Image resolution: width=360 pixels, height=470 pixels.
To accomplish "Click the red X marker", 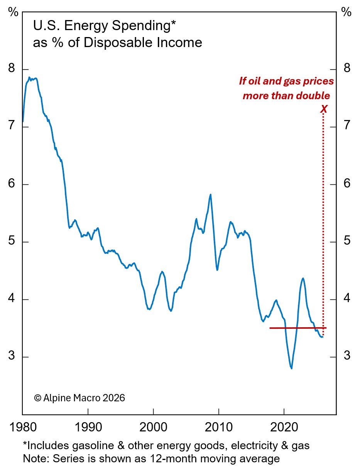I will [x=324, y=109].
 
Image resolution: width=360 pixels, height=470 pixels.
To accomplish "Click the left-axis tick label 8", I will [x=12, y=69].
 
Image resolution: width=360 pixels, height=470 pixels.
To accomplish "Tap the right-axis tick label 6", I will [x=346, y=184].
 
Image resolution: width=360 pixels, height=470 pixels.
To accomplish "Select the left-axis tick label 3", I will [x=12, y=356].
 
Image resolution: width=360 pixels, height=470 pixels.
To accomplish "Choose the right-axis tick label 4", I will [x=346, y=299].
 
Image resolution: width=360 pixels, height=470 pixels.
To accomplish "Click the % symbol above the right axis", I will [x=346, y=12].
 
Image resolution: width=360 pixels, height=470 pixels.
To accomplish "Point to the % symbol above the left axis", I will [x=14, y=12].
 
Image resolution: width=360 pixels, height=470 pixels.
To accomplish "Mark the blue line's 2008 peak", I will [x=210, y=194].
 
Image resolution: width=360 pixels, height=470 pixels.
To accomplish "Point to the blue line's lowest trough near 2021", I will [x=291, y=368].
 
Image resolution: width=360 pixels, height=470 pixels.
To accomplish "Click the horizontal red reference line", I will [x=297, y=328].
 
